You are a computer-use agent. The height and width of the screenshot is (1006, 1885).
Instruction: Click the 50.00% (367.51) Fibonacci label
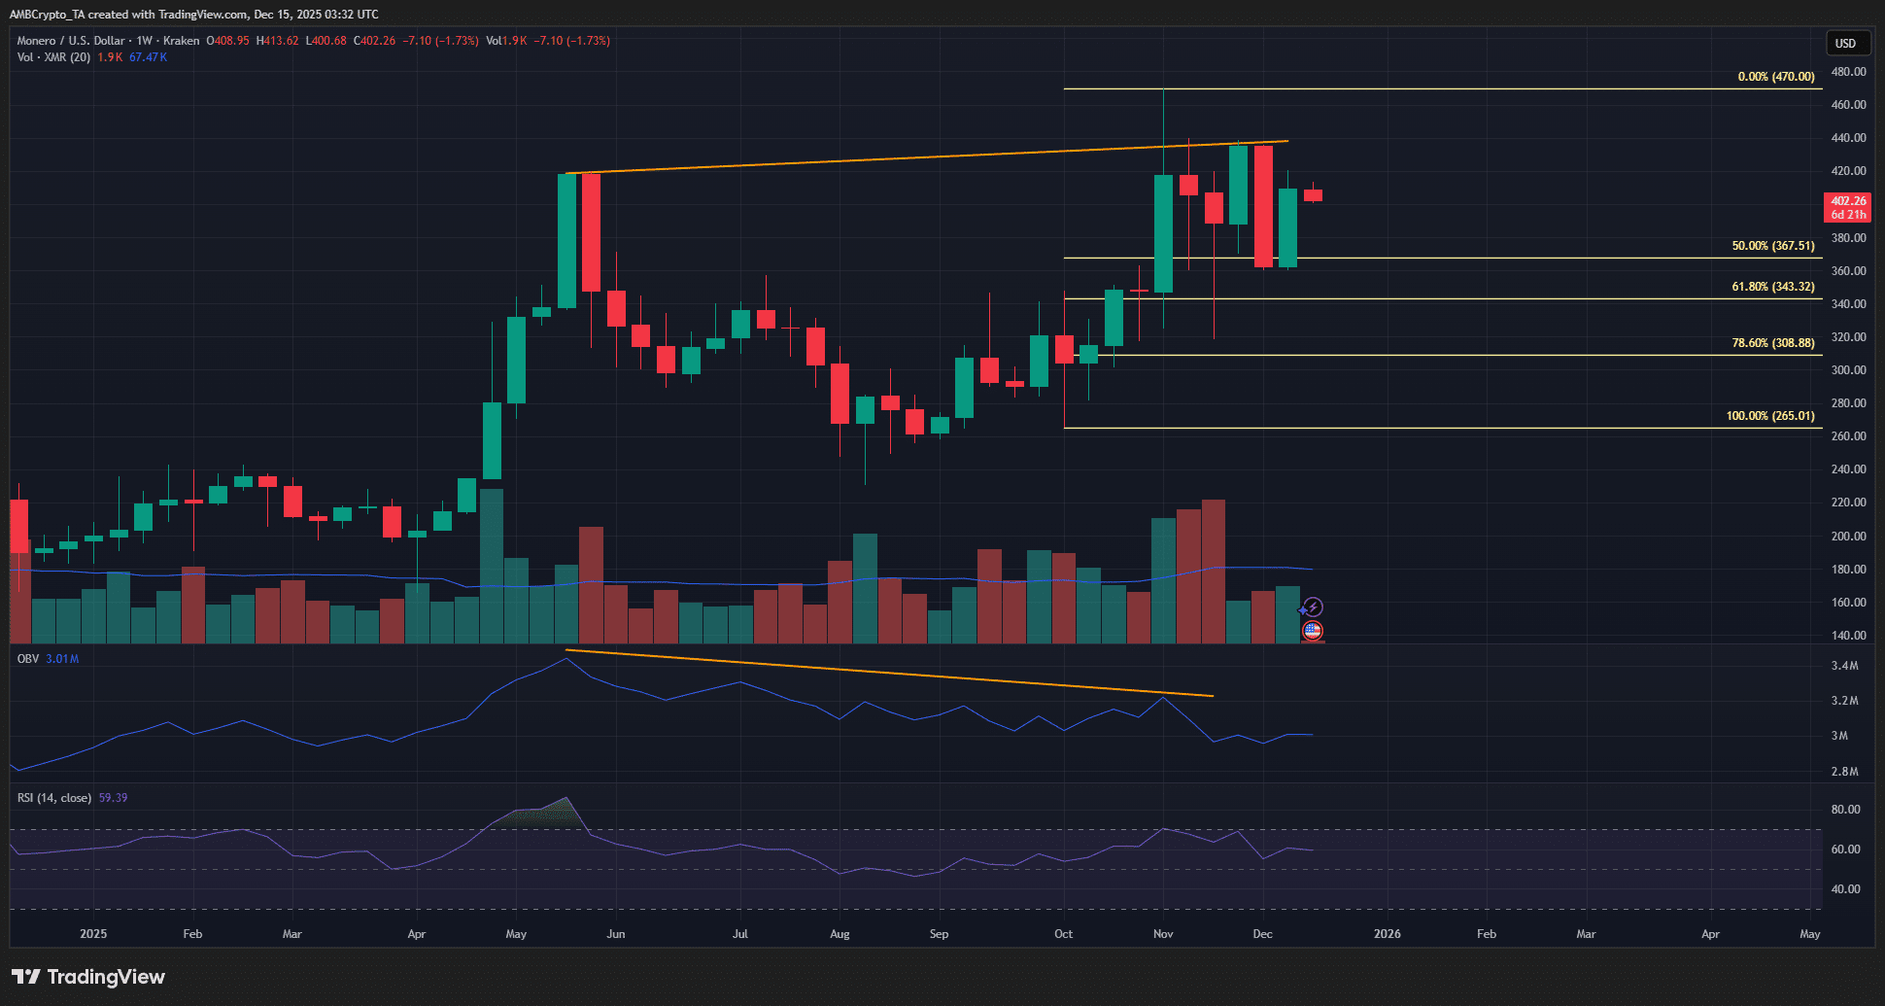(1772, 246)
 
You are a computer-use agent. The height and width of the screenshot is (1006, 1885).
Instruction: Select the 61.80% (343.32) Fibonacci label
(1772, 287)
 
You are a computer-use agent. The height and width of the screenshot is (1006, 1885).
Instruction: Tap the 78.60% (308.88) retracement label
(1772, 343)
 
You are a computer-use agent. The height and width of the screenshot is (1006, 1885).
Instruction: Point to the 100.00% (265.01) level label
(1769, 416)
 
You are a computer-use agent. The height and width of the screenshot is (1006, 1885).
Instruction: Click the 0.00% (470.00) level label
(1775, 77)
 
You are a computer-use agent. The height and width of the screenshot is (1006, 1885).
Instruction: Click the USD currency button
(1845, 44)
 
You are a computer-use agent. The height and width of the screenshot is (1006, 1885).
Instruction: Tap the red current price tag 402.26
(1848, 201)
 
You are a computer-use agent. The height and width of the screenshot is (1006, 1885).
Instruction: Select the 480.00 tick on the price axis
(1847, 72)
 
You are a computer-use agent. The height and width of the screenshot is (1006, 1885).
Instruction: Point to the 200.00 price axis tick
(1847, 537)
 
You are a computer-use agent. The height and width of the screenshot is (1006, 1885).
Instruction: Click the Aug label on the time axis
(840, 934)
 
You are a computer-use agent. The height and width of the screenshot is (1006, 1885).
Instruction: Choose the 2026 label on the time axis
(1387, 934)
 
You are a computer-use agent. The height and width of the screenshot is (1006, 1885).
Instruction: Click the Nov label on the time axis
(1162, 934)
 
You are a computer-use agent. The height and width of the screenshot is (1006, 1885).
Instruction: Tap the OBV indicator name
(28, 659)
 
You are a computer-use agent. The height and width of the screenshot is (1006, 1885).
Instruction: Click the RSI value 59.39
(113, 798)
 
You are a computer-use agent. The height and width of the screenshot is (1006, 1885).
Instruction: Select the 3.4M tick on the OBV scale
(1844, 666)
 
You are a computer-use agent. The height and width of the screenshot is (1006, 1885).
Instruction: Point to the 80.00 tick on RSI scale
(1845, 810)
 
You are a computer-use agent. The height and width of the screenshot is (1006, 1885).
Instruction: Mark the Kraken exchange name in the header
(181, 41)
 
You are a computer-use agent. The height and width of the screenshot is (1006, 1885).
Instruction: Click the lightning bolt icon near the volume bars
(1313, 607)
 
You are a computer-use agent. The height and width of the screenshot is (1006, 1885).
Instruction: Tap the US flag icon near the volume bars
(1313, 631)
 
